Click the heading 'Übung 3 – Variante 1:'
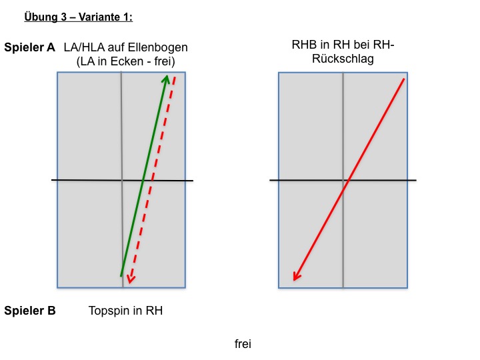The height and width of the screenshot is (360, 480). [79, 17]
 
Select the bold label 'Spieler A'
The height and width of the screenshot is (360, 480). [30, 47]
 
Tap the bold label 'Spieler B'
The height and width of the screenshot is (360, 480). [30, 311]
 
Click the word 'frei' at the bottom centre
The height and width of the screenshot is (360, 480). [243, 344]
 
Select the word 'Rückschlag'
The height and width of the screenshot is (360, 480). [343, 59]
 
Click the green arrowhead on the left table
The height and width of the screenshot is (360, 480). [166, 79]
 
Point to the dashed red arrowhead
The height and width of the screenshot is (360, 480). [131, 279]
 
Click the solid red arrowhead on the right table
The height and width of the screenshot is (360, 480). [296, 277]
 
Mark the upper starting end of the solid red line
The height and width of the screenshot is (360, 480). [405, 79]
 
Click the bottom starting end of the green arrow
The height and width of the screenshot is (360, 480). [121, 276]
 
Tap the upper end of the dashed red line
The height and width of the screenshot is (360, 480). [175, 77]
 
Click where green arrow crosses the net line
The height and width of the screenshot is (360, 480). [143, 180]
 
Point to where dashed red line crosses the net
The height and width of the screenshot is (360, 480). [152, 180]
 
